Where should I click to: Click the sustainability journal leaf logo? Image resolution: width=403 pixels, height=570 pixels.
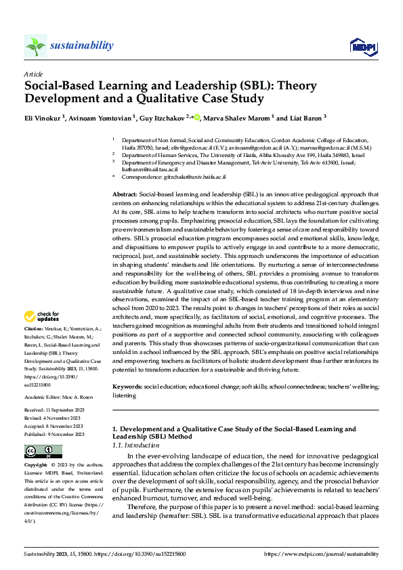click(x=36, y=46)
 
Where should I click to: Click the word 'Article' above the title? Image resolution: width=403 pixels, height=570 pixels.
click(x=33, y=74)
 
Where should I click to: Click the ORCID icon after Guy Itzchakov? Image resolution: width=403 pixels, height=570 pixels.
click(x=197, y=117)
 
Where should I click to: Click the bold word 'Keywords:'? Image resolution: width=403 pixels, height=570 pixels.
click(x=127, y=386)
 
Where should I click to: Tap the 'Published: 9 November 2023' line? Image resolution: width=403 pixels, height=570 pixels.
click(x=54, y=434)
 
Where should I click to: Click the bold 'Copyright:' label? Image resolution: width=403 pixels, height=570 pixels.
click(x=36, y=466)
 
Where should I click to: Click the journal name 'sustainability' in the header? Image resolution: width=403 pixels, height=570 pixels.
click(x=81, y=45)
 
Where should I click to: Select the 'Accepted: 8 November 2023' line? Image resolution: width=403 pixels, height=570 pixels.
click(x=54, y=426)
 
